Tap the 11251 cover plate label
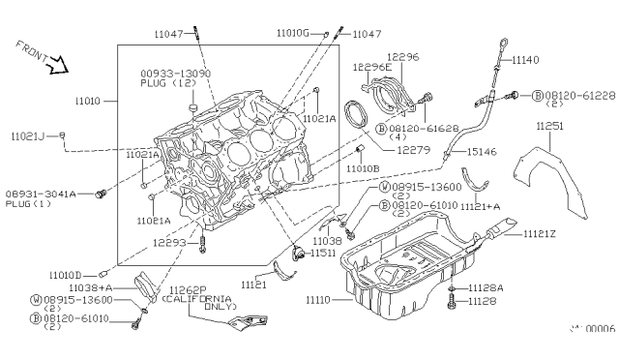tap(552, 126)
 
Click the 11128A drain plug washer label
tap(486, 288)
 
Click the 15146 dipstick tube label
tap(480, 152)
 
